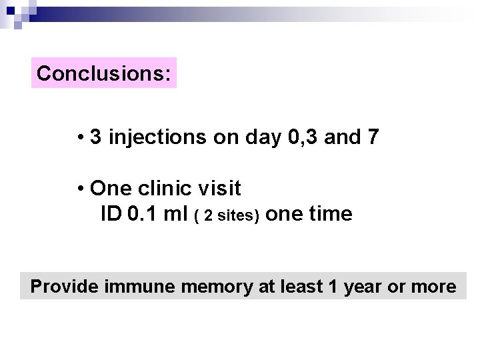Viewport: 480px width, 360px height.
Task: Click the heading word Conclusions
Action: tap(103, 73)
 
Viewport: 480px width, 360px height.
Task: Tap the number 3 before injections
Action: tap(96, 137)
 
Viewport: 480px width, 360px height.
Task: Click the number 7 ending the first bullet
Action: tap(373, 137)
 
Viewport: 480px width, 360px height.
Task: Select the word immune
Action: tap(132, 287)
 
